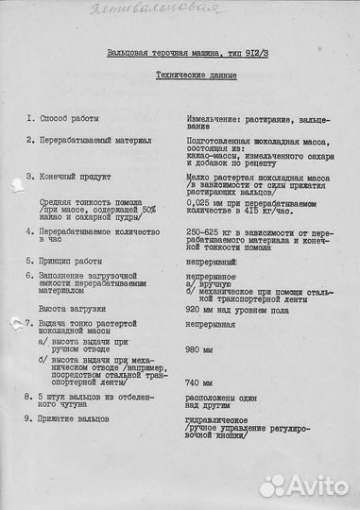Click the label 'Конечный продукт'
(x=75, y=177)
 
